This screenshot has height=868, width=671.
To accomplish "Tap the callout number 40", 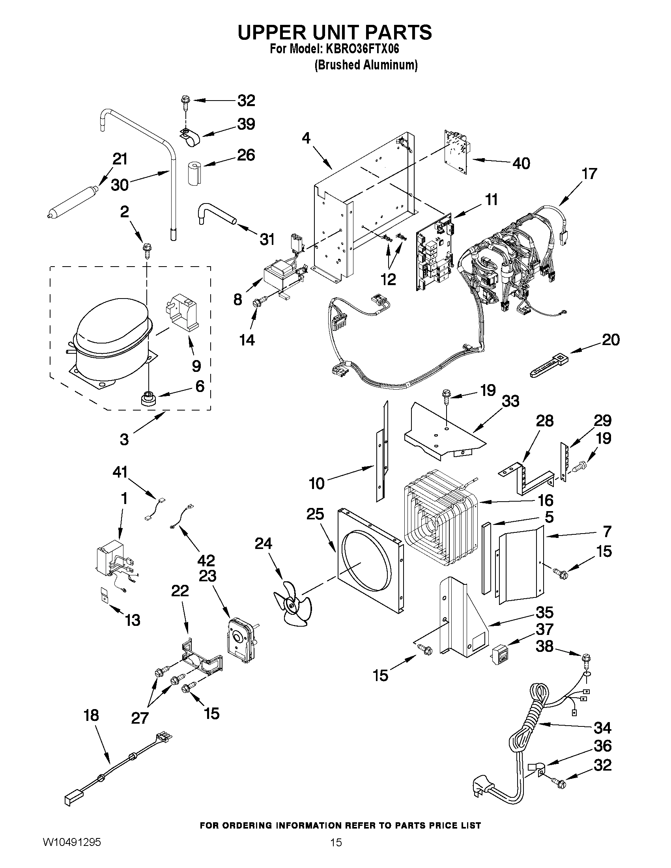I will click(521, 163).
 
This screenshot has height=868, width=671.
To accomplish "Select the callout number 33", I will click(510, 401).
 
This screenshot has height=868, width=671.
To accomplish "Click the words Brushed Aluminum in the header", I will click(366, 65).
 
